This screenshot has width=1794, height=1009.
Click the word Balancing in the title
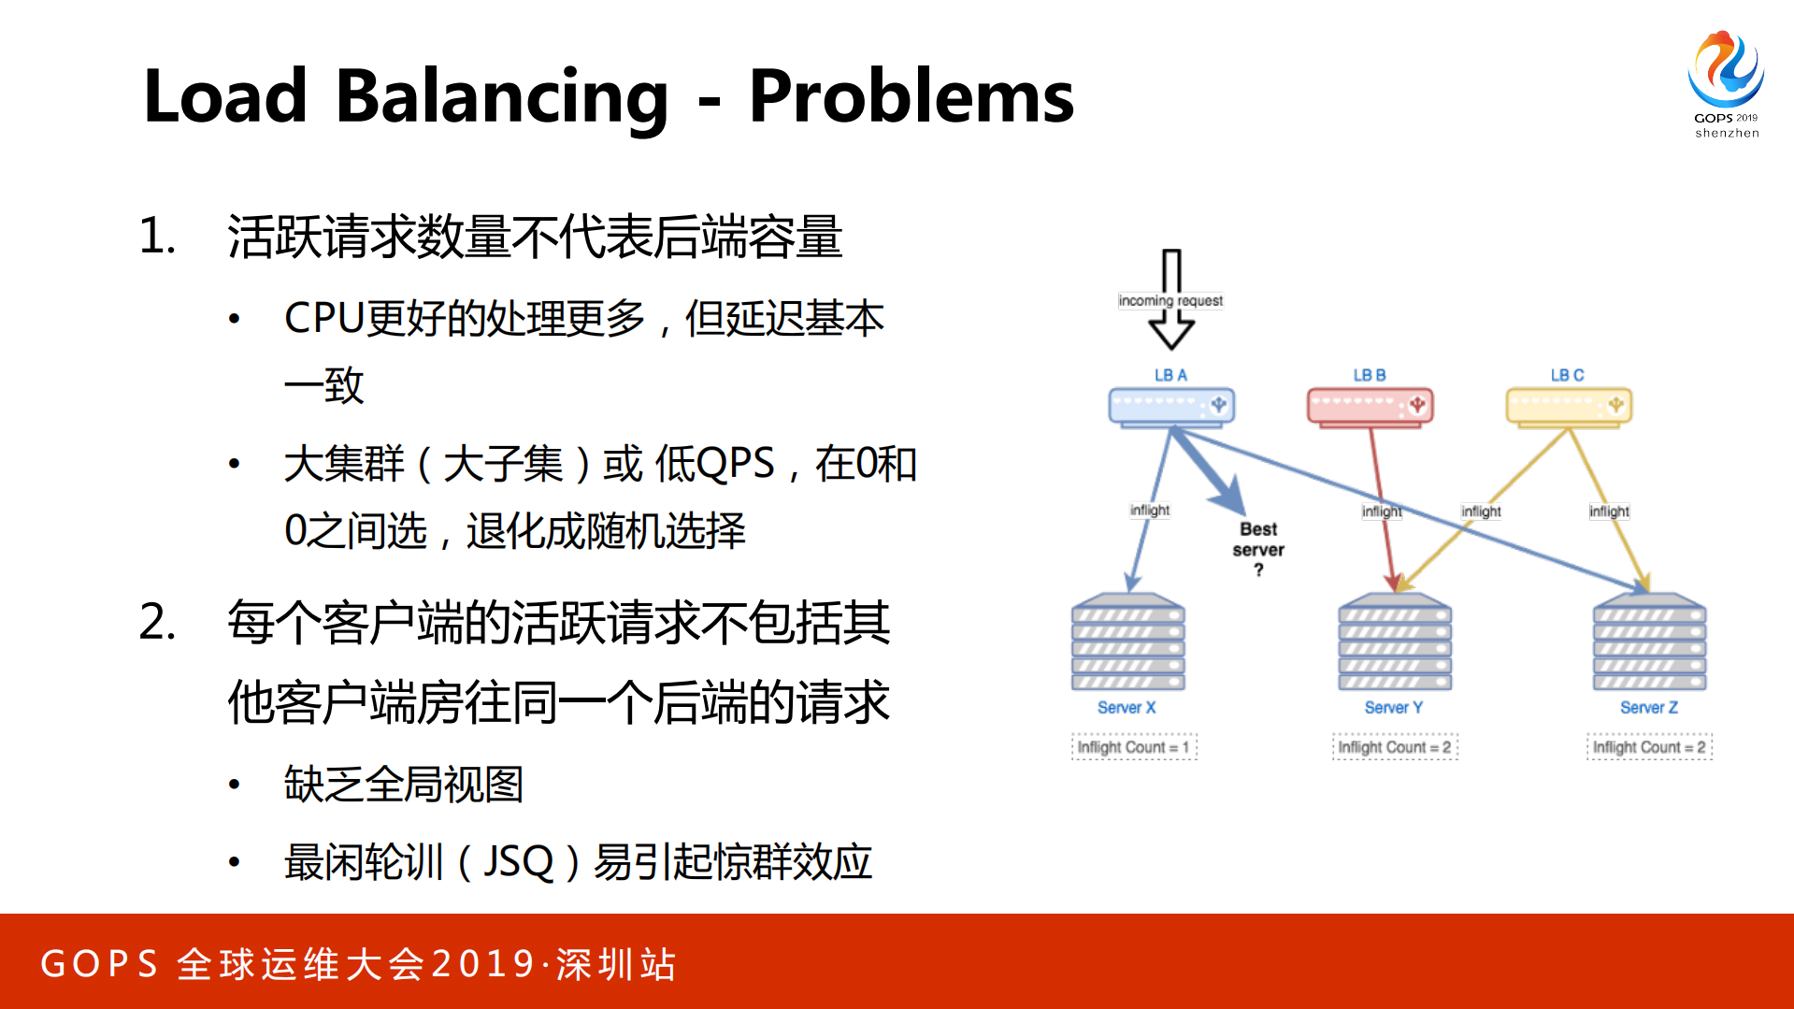[501, 97]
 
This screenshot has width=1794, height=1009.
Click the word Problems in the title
[911, 97]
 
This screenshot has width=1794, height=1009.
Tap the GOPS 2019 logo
[1726, 82]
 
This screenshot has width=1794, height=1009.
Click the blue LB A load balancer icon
[1171, 407]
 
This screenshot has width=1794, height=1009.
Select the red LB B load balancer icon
[1370, 407]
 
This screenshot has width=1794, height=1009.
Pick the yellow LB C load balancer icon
[1568, 407]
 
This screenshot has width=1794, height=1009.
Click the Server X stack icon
[1127, 642]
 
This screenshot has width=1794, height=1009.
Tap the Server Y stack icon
[1394, 642]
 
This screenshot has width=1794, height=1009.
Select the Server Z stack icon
[1649, 642]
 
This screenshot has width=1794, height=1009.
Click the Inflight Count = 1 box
[1133, 747]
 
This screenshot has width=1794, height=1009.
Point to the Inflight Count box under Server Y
[1394, 747]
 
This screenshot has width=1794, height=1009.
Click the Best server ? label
[1258, 549]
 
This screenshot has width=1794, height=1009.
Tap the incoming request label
[1170, 300]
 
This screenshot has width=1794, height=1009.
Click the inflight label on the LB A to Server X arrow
[1149, 510]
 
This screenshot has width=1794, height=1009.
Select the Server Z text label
[1648, 708]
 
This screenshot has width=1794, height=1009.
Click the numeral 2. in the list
[157, 622]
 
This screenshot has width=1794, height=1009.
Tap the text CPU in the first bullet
[323, 319]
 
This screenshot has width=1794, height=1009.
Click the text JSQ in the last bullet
[518, 861]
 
